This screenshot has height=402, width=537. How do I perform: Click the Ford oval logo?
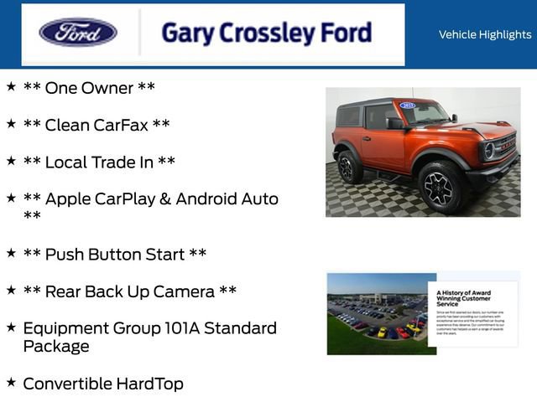point(78,33)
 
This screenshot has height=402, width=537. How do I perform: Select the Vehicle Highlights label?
point(484,34)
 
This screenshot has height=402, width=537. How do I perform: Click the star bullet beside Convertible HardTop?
point(11,382)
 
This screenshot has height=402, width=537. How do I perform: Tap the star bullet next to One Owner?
point(11,86)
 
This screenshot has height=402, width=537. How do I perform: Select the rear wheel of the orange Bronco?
point(348,167)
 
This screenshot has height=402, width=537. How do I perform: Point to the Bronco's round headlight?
point(488,151)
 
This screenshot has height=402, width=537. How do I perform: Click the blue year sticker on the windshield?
point(408,106)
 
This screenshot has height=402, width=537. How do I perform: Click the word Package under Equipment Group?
point(56,346)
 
